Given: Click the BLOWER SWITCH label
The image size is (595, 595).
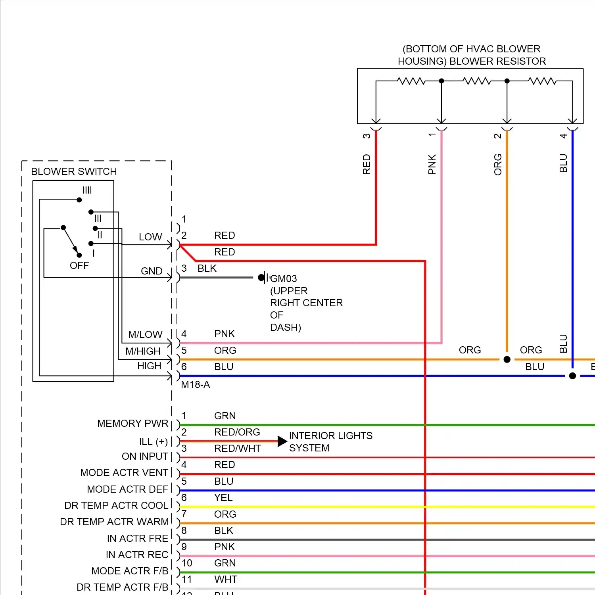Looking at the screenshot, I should click(x=74, y=171).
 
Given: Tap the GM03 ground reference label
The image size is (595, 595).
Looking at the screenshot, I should click(x=283, y=278).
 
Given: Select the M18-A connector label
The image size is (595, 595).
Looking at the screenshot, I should click(x=195, y=384).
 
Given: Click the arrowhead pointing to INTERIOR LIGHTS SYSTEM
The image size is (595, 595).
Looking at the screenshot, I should click(x=282, y=441).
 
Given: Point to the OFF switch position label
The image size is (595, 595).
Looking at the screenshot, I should click(x=79, y=265).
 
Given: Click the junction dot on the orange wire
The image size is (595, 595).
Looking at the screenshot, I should click(x=507, y=359).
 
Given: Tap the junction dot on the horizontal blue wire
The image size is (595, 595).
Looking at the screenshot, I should click(x=572, y=376).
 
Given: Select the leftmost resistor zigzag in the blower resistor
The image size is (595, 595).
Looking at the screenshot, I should click(x=411, y=81).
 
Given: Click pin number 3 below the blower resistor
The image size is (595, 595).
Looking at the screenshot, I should click(x=367, y=136).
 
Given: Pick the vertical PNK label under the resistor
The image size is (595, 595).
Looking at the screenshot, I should click(x=432, y=164).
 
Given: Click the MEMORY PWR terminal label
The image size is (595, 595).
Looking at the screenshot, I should click(x=132, y=423).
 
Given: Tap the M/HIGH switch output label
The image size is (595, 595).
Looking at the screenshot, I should click(x=143, y=351).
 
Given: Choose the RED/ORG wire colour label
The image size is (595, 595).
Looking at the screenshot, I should click(x=237, y=432).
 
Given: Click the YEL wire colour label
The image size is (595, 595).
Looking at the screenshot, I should click(x=223, y=497).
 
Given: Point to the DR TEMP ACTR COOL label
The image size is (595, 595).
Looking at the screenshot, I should click(x=116, y=505).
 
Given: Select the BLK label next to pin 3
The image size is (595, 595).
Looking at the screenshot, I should click(x=207, y=269).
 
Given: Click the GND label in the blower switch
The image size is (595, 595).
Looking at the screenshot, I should click(x=152, y=271).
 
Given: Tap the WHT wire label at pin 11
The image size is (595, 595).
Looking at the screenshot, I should click(x=226, y=579).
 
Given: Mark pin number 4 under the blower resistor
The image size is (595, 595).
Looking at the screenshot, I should click(x=563, y=136).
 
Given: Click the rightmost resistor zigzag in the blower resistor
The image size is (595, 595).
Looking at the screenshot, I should click(x=542, y=81).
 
